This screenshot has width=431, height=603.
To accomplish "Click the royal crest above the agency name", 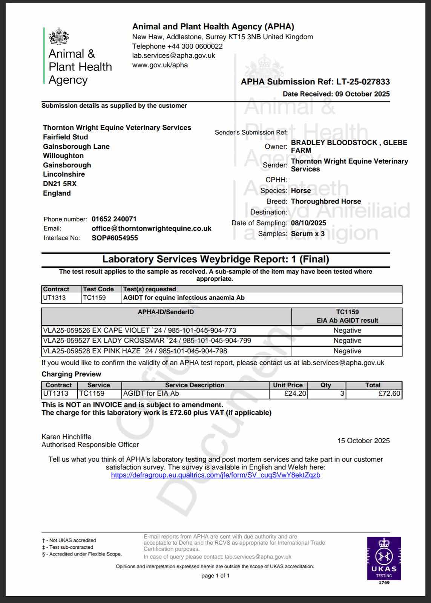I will tap(59, 36).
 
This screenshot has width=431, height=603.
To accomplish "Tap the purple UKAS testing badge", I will tap(384, 558).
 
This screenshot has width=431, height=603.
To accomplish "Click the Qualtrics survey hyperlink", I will tap(215, 475).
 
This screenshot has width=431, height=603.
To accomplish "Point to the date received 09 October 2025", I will tap(362, 94).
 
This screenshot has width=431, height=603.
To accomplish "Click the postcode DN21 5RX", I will tap(60, 184).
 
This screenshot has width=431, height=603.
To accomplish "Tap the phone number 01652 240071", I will tap(114, 219).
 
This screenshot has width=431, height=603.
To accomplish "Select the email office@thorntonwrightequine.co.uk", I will tap(151, 228).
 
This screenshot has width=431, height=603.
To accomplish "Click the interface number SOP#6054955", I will tap(115, 238).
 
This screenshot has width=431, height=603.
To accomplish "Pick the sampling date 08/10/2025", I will tap(308, 223).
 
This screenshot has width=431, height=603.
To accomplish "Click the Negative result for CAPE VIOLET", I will tap(347, 331).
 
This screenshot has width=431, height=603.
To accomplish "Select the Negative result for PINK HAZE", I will tap(347, 351).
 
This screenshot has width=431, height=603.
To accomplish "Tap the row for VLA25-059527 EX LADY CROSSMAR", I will tap(147, 341).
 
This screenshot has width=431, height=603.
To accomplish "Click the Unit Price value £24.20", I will tap(295, 393).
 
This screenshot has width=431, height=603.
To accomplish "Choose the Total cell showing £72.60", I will tap(390, 393).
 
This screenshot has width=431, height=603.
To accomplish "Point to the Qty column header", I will tap(326, 385).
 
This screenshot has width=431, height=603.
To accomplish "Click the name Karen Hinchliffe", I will tap(66, 437).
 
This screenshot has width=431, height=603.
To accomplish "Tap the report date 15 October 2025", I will tap(364, 441).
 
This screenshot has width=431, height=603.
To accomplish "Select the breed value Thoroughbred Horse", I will tap(326, 201).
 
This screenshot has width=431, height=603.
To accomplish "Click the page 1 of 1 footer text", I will tap(215, 575).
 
